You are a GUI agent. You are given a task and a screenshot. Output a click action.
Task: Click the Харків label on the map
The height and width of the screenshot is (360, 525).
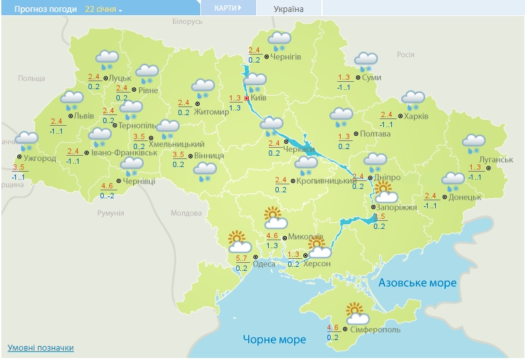[x=416, y=116]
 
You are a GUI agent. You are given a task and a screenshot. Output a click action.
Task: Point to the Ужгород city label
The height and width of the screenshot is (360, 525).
[x=40, y=158]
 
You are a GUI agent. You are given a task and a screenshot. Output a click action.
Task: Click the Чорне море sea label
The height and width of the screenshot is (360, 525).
[x=274, y=339]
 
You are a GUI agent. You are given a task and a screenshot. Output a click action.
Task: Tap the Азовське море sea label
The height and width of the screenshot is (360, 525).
[x=417, y=283]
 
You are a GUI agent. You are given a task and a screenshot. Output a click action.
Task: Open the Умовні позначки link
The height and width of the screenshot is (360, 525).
[x=41, y=348]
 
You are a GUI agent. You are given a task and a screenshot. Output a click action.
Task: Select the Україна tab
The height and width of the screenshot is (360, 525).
[x=288, y=9]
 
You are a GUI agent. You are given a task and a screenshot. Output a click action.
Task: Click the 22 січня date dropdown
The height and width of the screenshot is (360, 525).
[x=103, y=9]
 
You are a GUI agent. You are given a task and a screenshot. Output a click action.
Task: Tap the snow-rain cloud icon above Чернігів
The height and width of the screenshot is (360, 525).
[x=279, y=40]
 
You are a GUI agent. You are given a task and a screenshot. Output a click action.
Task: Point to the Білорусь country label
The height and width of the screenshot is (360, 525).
[x=187, y=22]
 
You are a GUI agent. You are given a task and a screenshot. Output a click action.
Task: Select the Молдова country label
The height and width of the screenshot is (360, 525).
[x=186, y=213]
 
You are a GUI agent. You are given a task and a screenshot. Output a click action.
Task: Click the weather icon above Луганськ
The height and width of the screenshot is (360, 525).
[x=474, y=141]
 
